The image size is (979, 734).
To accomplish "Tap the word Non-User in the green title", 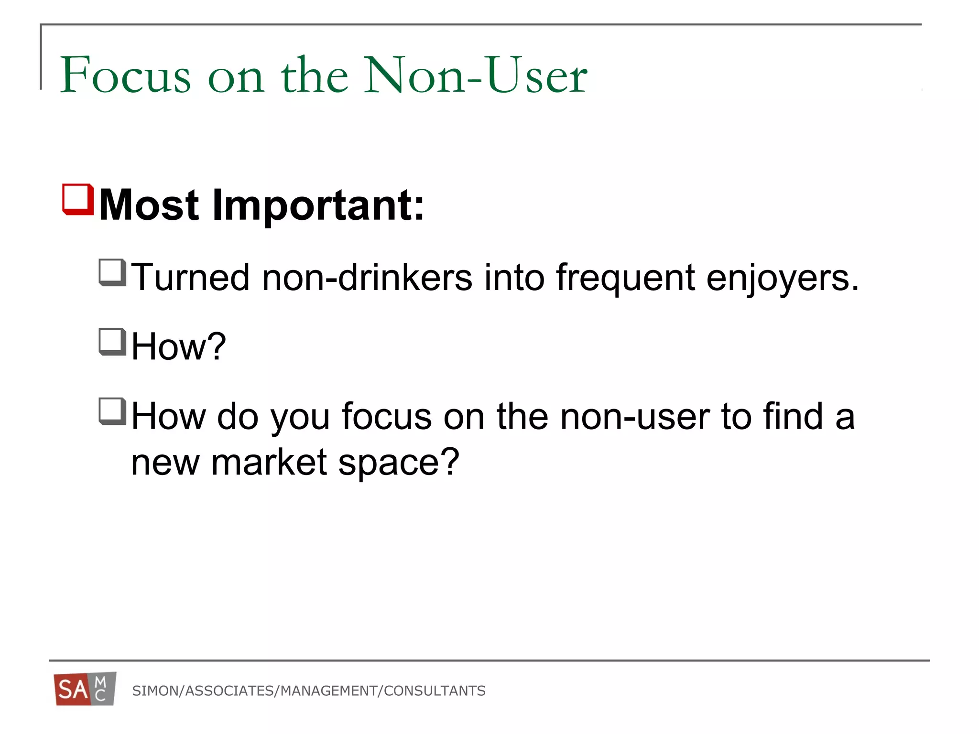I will [x=475, y=75].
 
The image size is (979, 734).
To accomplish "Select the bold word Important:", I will [x=318, y=205].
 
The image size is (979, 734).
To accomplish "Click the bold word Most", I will [x=149, y=205].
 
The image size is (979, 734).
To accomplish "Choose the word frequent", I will [x=625, y=277].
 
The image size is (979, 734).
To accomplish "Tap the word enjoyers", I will [x=783, y=278].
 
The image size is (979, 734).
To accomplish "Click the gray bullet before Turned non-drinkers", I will [x=112, y=272].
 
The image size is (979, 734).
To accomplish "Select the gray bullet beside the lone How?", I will [x=112, y=342].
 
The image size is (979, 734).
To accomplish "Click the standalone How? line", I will [x=178, y=346].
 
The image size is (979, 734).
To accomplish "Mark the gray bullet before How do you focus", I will [x=112, y=411].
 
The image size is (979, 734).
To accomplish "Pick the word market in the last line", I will [x=269, y=462].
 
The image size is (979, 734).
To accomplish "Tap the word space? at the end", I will [x=399, y=463].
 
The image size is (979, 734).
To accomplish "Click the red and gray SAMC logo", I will [x=85, y=689].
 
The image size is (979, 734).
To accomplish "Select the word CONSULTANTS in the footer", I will [x=435, y=691].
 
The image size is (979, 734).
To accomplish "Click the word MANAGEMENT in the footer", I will [x=329, y=691].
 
